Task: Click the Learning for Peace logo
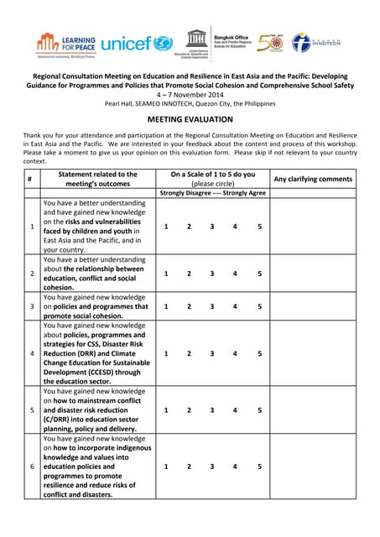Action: tap(66, 43)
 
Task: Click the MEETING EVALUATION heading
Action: tap(190, 119)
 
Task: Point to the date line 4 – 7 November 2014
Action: tap(190, 94)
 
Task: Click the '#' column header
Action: tap(29, 179)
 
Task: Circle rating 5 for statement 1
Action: tap(259, 227)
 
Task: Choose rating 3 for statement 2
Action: tap(212, 274)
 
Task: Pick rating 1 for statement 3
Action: tap(166, 306)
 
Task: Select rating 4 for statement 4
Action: tap(235, 353)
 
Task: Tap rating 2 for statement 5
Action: tap(189, 410)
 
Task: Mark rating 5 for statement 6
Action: tap(259, 466)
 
